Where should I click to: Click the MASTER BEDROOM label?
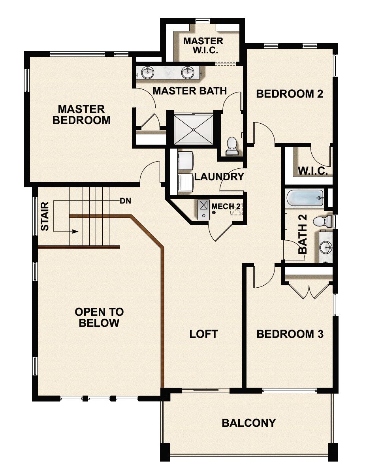point(81,115)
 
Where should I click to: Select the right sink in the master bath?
point(187,72)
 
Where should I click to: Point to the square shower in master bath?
point(194,128)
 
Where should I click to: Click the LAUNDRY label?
point(219,177)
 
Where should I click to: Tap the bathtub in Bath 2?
point(305,198)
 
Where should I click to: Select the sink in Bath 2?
point(326,248)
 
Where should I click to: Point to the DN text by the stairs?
point(125,201)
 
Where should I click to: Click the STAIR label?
point(45,216)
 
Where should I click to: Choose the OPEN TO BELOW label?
point(99,317)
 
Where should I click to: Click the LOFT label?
point(203,334)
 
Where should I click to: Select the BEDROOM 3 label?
point(290,334)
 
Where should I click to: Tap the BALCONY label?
point(248,423)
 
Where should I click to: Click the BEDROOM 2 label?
point(290,94)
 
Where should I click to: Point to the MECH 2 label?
point(226,206)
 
